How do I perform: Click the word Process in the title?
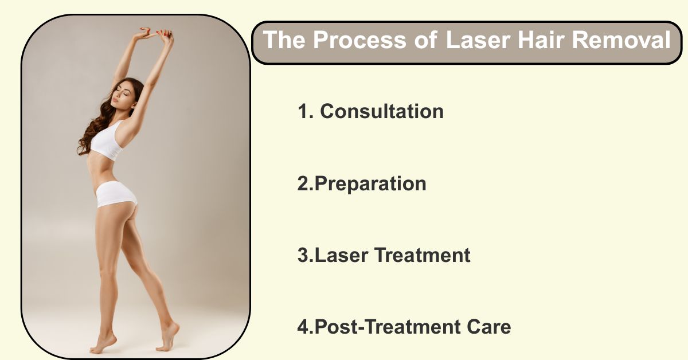[359, 40]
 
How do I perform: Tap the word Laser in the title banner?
[478, 40]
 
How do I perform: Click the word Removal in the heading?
[621, 40]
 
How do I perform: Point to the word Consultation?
[382, 111]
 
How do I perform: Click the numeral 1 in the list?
[303, 111]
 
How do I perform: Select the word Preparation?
[370, 184]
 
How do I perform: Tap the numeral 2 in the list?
[303, 183]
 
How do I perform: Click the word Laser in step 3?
[341, 255]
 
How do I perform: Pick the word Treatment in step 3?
[422, 255]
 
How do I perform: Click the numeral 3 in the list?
[303, 255]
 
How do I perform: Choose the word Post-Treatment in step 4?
[387, 327]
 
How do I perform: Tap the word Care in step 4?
[489, 327]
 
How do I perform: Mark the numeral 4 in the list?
[303, 327]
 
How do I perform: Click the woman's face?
[122, 93]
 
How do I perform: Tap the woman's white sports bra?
[108, 140]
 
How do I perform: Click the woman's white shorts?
[115, 194]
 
